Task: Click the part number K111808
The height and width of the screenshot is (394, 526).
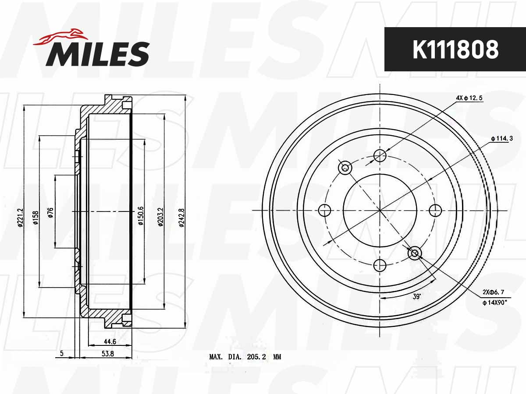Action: (x=455, y=50)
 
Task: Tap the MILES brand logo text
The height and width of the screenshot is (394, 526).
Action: (x=97, y=54)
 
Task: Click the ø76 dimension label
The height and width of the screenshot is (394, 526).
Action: (x=51, y=212)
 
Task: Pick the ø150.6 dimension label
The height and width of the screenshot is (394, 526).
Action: (x=141, y=215)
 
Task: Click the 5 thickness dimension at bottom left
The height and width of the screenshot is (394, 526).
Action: (x=62, y=354)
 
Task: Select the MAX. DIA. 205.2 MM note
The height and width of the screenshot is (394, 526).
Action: (x=245, y=357)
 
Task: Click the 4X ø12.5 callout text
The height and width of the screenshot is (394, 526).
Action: (x=469, y=98)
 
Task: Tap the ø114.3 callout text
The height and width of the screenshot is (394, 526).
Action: (x=501, y=139)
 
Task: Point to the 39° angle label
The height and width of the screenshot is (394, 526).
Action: (x=416, y=296)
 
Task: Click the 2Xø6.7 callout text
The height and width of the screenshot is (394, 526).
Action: (x=493, y=292)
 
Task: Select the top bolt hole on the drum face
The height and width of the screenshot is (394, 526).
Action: (x=380, y=155)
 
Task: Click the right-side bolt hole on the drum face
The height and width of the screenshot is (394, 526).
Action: (x=435, y=211)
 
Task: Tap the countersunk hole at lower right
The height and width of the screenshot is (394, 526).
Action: (x=414, y=253)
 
